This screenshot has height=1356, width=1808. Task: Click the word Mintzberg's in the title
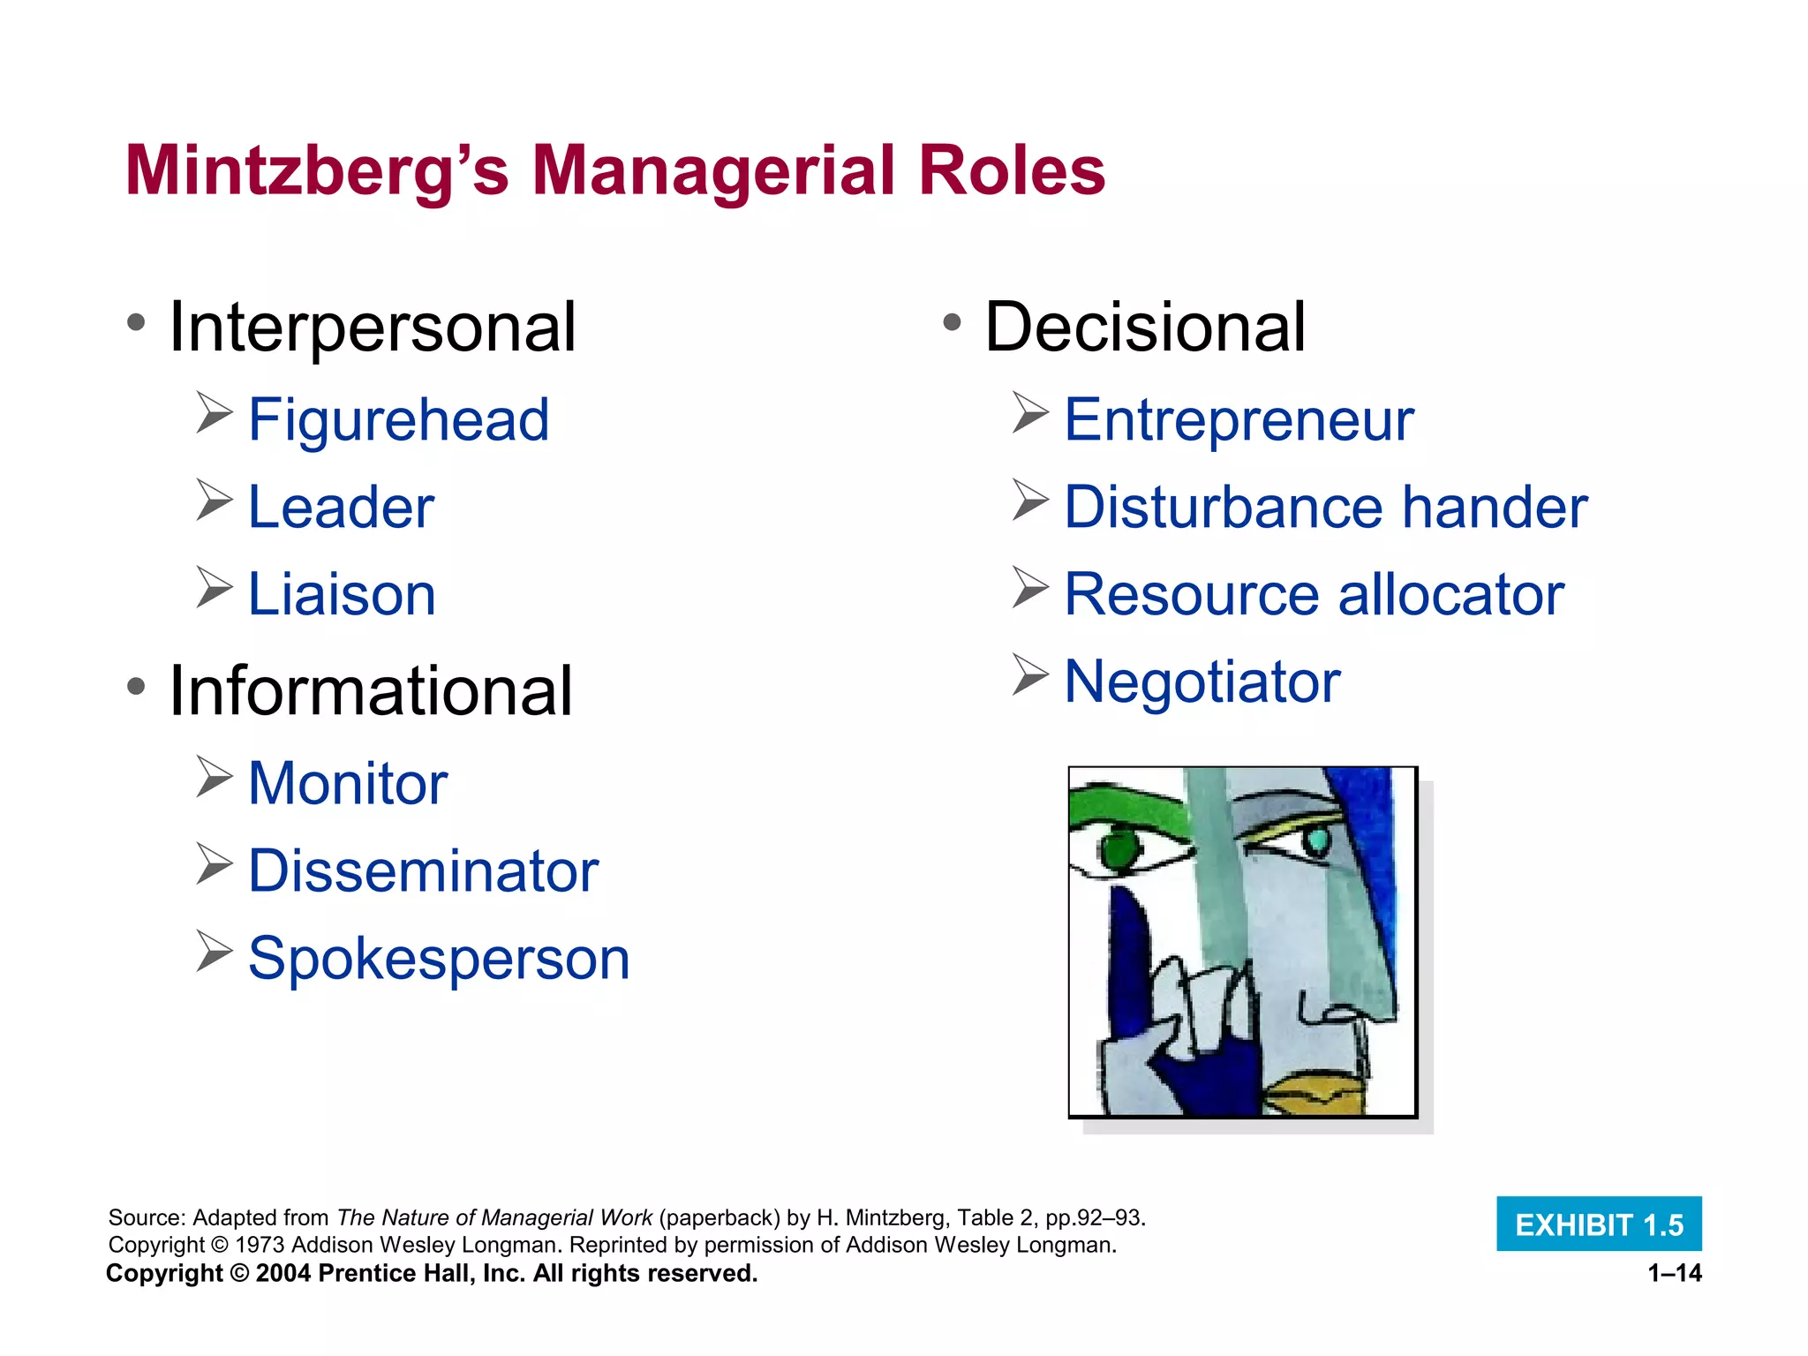tap(317, 171)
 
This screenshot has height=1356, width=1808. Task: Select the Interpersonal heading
tap(372, 328)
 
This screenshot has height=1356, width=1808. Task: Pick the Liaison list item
tap(342, 594)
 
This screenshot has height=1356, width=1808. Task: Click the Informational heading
tap(371, 690)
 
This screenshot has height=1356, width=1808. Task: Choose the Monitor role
tap(348, 784)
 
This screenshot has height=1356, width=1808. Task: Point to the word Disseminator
tap(423, 871)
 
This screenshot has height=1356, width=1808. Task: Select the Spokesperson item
tap(439, 959)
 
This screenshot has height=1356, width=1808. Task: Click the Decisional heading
tap(1144, 328)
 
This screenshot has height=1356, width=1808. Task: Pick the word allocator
tap(1451, 594)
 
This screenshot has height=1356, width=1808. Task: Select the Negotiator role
tap(1202, 682)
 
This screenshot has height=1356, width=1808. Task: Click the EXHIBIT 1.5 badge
tap(1599, 1224)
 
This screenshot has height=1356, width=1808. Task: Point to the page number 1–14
tap(1675, 1273)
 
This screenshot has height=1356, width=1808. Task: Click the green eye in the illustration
tap(1120, 849)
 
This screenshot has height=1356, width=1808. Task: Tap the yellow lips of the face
tap(1315, 1096)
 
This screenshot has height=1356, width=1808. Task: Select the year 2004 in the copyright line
tap(282, 1273)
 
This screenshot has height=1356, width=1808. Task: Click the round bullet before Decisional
tap(951, 322)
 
